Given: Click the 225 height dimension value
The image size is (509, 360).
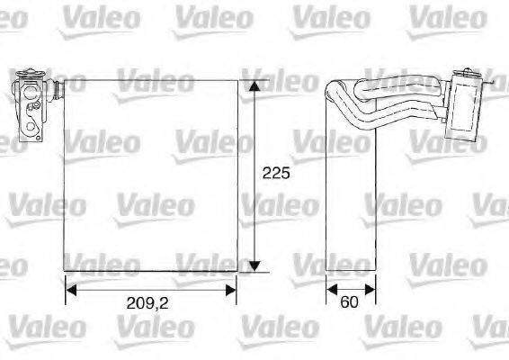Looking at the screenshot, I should click(275, 175).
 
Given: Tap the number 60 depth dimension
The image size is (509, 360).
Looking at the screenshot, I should click(350, 302).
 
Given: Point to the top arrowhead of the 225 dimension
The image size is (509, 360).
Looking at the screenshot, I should click(256, 85).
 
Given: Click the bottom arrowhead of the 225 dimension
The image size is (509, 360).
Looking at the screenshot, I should click(256, 265).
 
